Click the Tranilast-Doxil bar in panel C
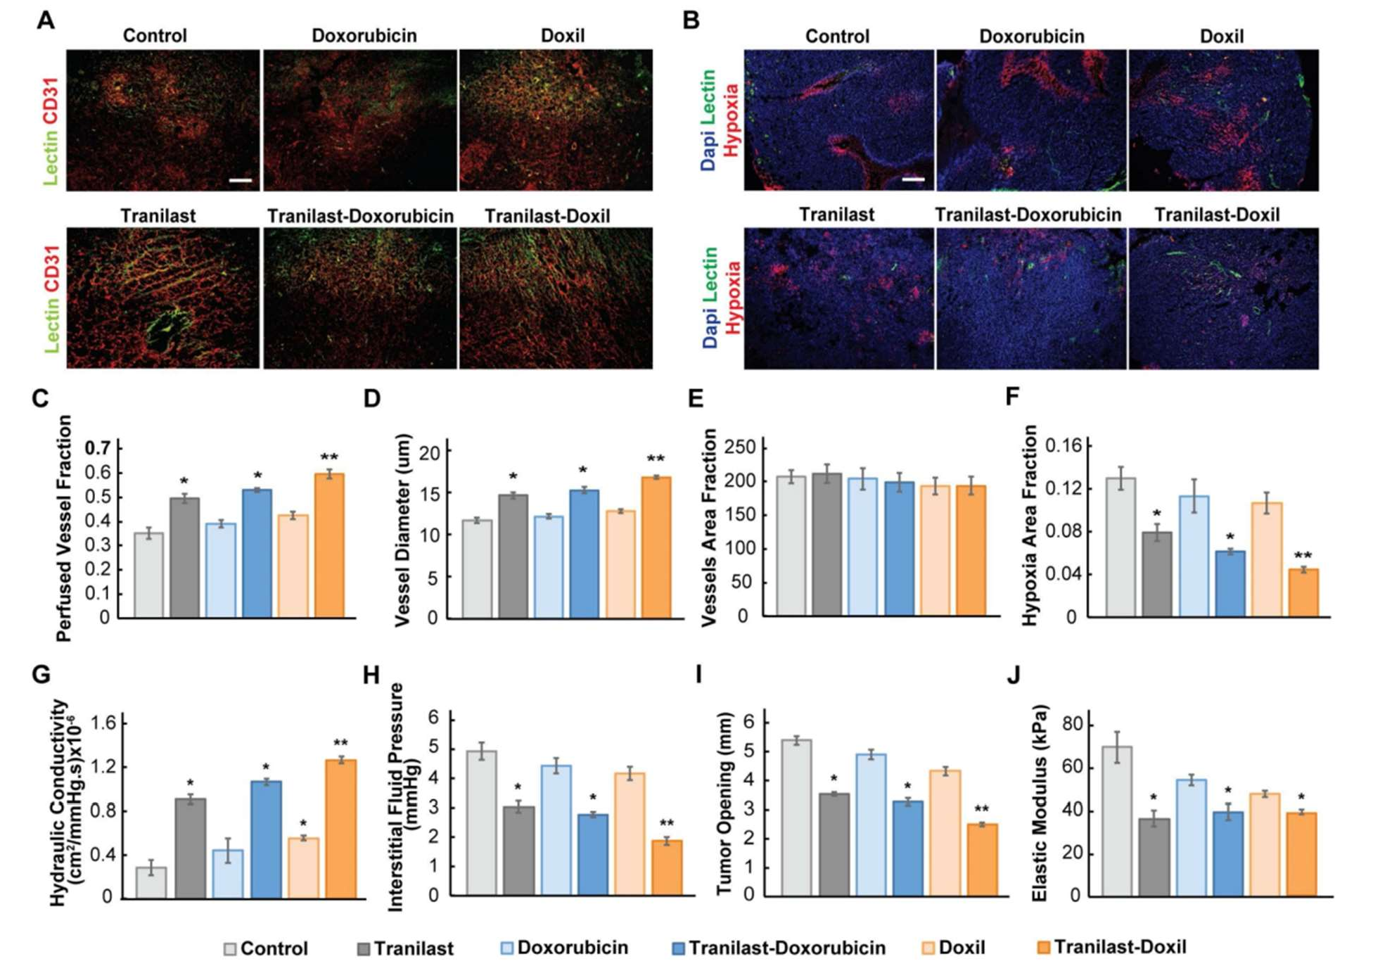pyautogui.click(x=329, y=545)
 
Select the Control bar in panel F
pyautogui.click(x=1120, y=547)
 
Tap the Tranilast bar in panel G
pyautogui.click(x=190, y=848)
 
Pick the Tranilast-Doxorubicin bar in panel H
pyautogui.click(x=593, y=854)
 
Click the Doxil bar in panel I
pyautogui.click(x=945, y=832)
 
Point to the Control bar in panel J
pyautogui.click(x=1116, y=820)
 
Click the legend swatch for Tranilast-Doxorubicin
pyautogui.click(x=679, y=948)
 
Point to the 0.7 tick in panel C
pyautogui.click(x=98, y=448)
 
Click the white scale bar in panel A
pyautogui.click(x=240, y=181)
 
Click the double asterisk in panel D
pyautogui.click(x=656, y=459)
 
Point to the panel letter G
pyautogui.click(x=41, y=675)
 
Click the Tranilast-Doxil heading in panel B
pyautogui.click(x=1217, y=215)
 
